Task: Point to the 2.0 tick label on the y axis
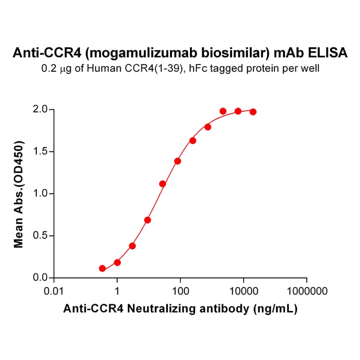(41, 110)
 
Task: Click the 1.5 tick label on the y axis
(41, 152)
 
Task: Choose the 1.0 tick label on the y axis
(41, 194)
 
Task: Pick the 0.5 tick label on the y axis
(41, 236)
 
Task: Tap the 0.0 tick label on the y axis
(41, 278)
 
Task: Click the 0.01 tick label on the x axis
(54, 291)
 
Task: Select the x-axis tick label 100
(180, 291)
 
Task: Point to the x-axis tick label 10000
(244, 291)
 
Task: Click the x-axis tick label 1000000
(307, 291)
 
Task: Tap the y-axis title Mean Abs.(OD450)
(19, 194)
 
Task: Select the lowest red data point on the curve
(102, 269)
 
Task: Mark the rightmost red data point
(253, 112)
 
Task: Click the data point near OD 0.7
(147, 220)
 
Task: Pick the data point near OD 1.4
(178, 161)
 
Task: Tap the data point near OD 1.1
(163, 184)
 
